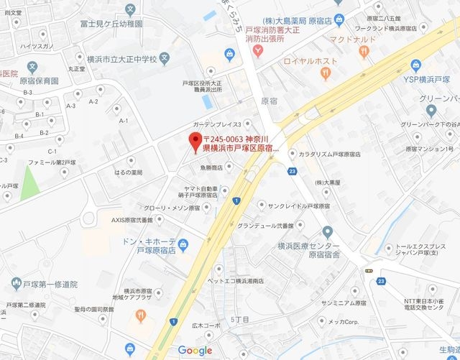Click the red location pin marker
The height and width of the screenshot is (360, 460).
pos(193,142)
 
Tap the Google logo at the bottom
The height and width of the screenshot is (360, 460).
pos(195,351)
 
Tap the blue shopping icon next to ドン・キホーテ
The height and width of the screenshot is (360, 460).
pos(183,244)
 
